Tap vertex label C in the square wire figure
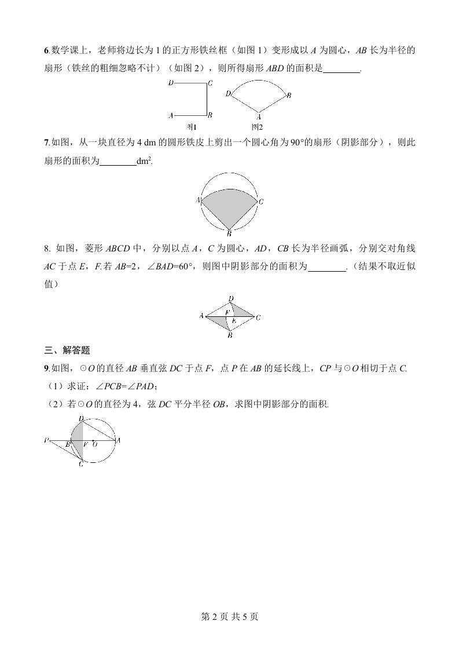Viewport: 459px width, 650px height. point(210,83)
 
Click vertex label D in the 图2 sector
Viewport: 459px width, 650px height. point(229,93)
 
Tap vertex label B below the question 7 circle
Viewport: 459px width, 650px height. point(229,234)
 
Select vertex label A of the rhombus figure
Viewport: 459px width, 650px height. point(201,316)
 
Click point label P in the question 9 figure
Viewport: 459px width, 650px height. point(46,440)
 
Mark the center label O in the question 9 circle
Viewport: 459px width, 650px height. point(95,444)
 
